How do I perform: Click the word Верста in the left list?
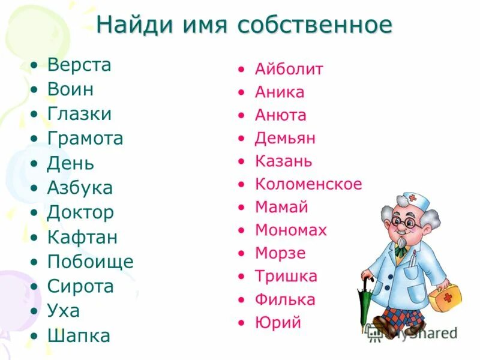79,65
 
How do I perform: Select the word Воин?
70,89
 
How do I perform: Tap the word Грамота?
85,139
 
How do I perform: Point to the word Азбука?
80,188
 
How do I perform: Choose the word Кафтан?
82,237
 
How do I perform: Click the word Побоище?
90,262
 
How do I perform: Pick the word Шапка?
79,336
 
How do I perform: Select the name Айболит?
289,69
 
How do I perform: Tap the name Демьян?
285,139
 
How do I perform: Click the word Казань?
283,161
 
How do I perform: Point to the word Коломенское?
308,184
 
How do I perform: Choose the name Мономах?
290,230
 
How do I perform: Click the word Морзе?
280,253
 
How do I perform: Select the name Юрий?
278,323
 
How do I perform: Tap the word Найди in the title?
130,25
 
